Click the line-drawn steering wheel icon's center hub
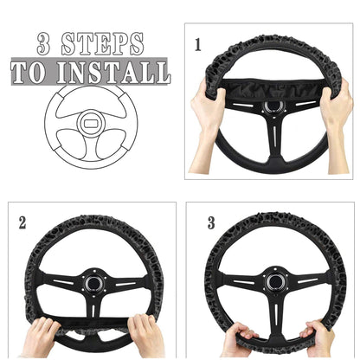91,124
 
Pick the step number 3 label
209,223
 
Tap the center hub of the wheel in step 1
273,106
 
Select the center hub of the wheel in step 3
275,282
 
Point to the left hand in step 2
39,337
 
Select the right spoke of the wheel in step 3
310,282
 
